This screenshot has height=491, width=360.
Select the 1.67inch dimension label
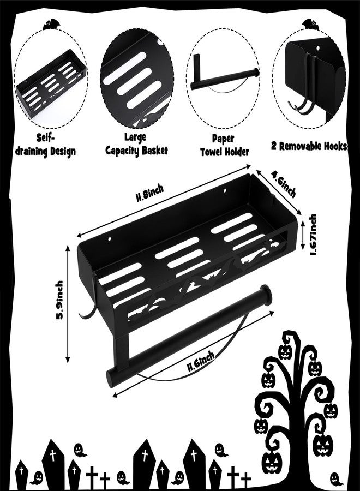(313, 235)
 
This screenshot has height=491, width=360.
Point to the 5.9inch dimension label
(59, 300)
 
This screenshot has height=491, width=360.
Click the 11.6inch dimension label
(201, 361)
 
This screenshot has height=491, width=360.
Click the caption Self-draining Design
(46, 145)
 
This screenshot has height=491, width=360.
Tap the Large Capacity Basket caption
(136, 144)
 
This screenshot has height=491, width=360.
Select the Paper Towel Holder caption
(224, 145)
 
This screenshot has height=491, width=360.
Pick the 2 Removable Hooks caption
(309, 146)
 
